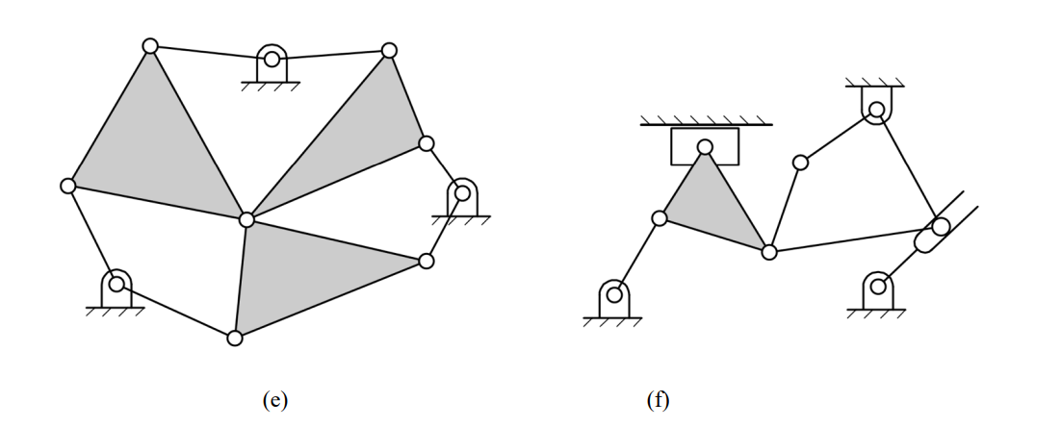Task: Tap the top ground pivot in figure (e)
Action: point(272,60)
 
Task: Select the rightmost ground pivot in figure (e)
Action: point(462,193)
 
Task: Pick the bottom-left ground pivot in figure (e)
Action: point(116,284)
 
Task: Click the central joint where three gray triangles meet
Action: point(246,219)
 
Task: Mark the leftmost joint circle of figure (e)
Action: point(67,186)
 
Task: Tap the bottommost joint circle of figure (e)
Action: point(234,338)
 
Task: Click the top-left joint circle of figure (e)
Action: point(149,46)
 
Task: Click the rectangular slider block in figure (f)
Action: point(705,146)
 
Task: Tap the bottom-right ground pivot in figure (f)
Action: point(877,286)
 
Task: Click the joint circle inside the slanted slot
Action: point(940,227)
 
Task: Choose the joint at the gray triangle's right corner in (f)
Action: point(769,252)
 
